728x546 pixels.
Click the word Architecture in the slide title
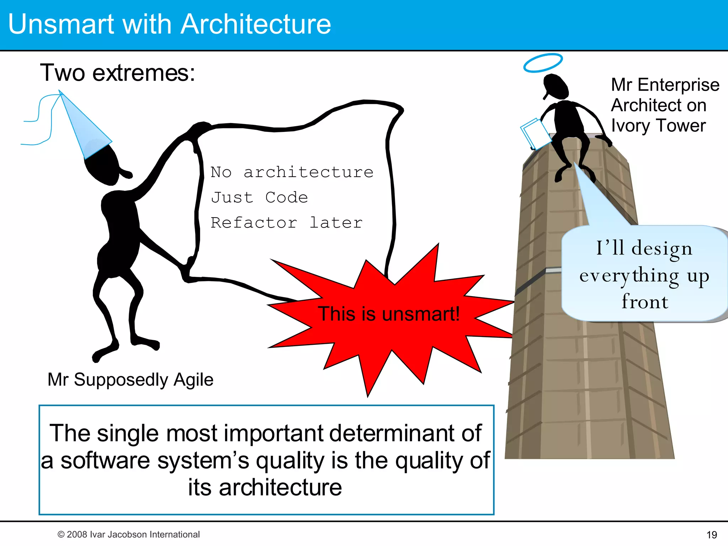(x=256, y=24)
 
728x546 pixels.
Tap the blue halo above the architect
(x=543, y=63)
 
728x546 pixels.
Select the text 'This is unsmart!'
(x=389, y=314)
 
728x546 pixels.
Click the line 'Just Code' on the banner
(x=259, y=197)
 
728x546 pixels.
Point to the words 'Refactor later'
(x=287, y=223)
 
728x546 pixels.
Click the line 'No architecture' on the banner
(x=292, y=172)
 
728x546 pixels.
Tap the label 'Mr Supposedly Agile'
(x=130, y=379)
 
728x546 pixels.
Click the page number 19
(x=712, y=534)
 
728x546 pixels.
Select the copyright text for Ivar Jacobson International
(x=129, y=534)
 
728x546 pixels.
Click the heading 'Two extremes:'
(x=118, y=73)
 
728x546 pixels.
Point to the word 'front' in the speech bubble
(x=645, y=301)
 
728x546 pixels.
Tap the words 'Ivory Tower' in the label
(x=658, y=125)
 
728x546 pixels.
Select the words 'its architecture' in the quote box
(x=265, y=487)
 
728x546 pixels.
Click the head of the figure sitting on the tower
(x=556, y=87)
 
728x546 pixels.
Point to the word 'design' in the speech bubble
(x=662, y=248)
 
